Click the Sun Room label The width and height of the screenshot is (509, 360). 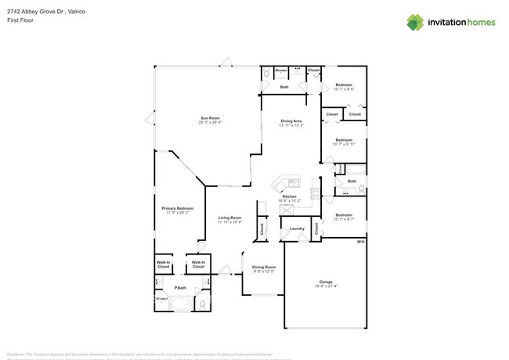[210, 118]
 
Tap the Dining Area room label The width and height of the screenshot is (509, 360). [291, 121]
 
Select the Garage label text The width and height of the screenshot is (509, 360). [326, 282]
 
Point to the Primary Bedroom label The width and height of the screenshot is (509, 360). [177, 208]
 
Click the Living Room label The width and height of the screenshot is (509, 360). [229, 218]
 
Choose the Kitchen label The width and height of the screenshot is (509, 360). [290, 196]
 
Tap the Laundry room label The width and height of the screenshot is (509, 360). [296, 229]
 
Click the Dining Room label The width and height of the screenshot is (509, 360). [264, 267]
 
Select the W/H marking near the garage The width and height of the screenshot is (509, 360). [361, 242]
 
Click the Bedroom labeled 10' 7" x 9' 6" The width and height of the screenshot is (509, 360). [344, 85]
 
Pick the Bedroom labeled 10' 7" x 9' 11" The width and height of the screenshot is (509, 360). [344, 140]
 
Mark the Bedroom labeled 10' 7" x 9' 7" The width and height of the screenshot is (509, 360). [344, 214]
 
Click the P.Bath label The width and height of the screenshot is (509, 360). [181, 288]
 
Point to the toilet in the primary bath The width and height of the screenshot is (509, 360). [203, 304]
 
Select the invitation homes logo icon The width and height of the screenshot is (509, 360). [414, 22]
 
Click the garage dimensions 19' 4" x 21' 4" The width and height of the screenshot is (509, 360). [326, 286]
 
